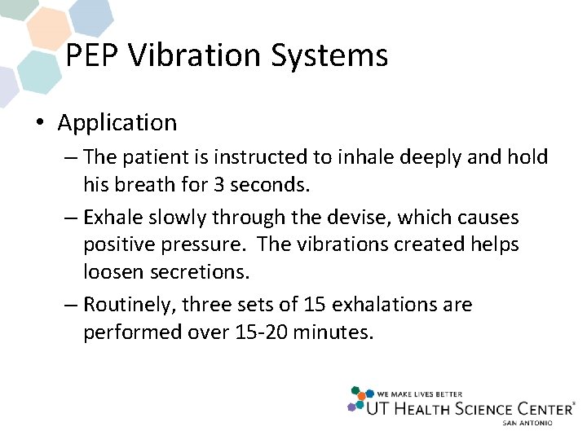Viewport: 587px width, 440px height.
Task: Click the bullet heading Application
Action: tap(117, 123)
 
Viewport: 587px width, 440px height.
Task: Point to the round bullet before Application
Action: tap(39, 124)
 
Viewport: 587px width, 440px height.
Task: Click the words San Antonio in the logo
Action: tap(527, 423)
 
